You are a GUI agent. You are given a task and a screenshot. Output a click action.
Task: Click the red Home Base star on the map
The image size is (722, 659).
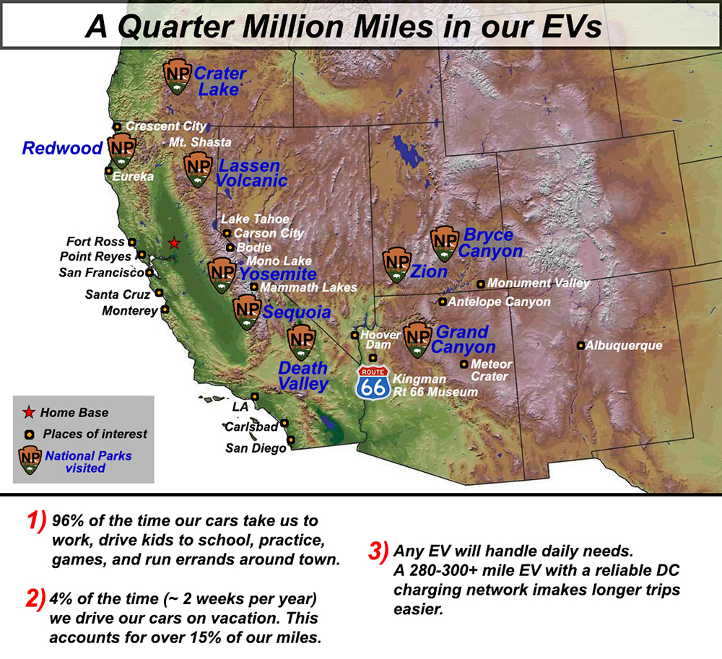pyautogui.click(x=174, y=243)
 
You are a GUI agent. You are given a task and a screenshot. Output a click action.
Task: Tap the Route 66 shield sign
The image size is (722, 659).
pyautogui.click(x=373, y=383)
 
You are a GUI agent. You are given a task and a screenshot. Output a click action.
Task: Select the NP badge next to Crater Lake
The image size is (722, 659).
pyautogui.click(x=178, y=77)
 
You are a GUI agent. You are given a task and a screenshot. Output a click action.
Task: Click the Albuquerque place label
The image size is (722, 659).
pyautogui.click(x=624, y=345)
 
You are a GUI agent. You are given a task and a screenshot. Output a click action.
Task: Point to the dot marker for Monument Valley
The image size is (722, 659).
pyautogui.click(x=480, y=284)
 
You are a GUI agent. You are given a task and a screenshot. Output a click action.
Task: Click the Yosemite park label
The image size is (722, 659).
pyautogui.click(x=278, y=274)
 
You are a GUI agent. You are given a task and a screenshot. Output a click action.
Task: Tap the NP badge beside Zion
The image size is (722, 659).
pyautogui.click(x=397, y=265)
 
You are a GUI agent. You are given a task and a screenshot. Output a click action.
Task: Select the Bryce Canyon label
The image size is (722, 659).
pyautogui.click(x=491, y=243)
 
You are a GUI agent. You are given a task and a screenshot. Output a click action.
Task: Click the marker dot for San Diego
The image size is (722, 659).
pyautogui.click(x=291, y=440)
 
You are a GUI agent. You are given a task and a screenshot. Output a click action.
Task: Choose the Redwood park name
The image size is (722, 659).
pyautogui.click(x=63, y=148)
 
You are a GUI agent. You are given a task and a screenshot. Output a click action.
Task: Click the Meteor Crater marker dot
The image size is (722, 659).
pyautogui.click(x=464, y=365)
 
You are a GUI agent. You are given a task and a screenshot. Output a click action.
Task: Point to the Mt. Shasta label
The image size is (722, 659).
pyautogui.click(x=200, y=141)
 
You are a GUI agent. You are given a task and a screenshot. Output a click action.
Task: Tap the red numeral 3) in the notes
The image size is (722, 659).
pyautogui.click(x=379, y=551)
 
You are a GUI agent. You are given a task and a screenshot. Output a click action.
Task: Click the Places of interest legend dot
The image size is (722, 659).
pyautogui.click(x=30, y=435)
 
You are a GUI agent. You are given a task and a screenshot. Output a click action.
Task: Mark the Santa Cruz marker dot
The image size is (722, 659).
pyautogui.click(x=159, y=292)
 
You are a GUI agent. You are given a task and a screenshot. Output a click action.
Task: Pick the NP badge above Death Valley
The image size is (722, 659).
pyautogui.click(x=302, y=343)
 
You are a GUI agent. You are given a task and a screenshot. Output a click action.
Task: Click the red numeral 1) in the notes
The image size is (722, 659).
pyautogui.click(x=37, y=521)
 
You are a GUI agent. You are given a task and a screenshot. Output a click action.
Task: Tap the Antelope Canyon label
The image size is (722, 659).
pyautogui.click(x=499, y=302)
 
